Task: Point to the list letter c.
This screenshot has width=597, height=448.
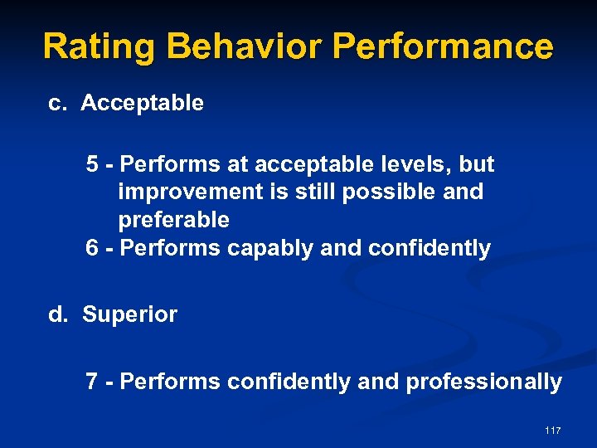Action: (56, 104)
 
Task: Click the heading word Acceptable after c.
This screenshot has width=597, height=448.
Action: (142, 104)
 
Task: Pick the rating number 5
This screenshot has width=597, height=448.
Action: (92, 164)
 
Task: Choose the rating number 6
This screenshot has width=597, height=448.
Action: (92, 248)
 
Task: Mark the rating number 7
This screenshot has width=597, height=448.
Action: (92, 382)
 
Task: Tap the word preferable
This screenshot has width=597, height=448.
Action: (174, 221)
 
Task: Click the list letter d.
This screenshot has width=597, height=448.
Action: (57, 315)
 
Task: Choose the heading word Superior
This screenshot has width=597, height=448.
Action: (129, 315)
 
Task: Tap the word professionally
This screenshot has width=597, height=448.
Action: (483, 382)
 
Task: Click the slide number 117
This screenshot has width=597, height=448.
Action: (553, 431)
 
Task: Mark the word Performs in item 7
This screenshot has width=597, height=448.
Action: (170, 382)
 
